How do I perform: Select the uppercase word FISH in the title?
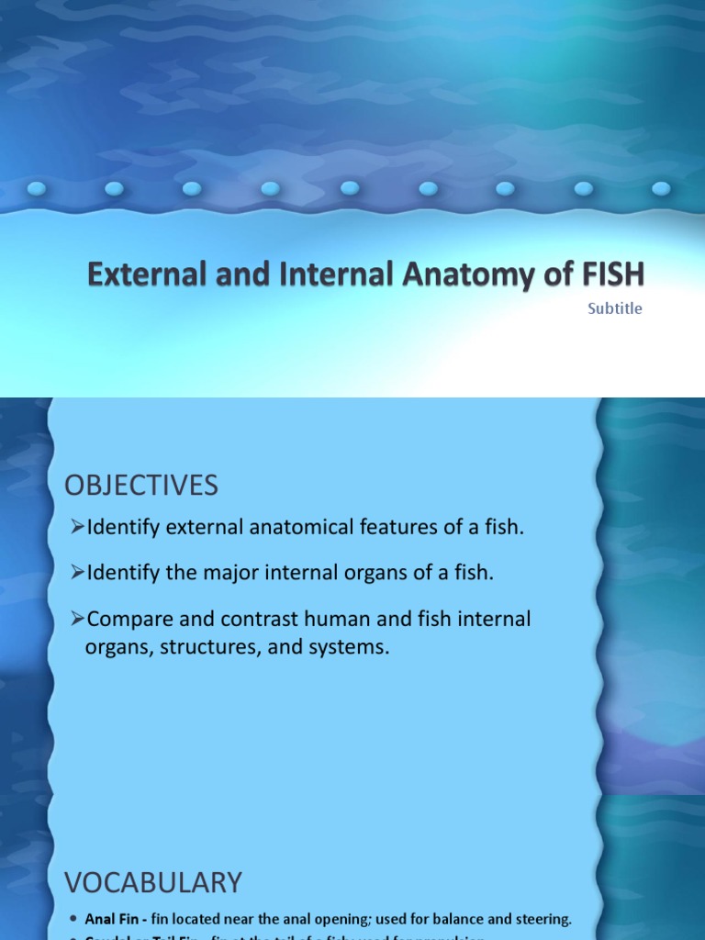pos(605,274)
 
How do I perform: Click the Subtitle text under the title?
pos(615,308)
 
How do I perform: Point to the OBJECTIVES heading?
pos(141,485)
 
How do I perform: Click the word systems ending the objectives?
pos(350,647)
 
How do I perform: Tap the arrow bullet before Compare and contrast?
pos(77,619)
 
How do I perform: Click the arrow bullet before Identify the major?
pos(77,573)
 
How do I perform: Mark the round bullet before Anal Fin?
pos(73,919)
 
